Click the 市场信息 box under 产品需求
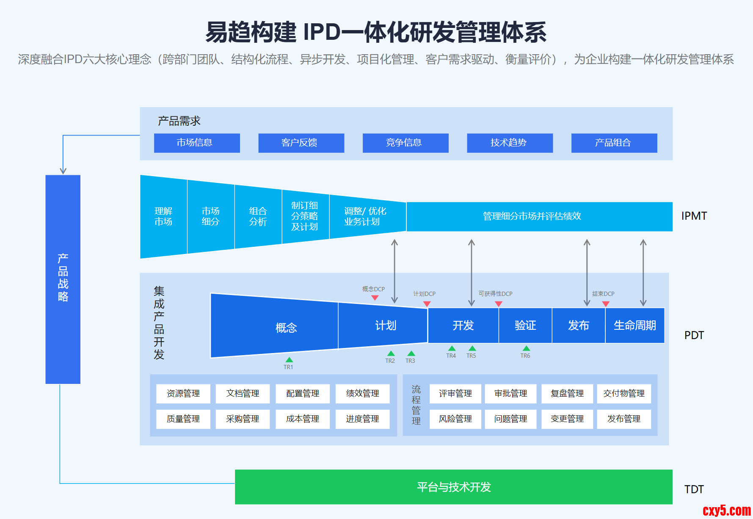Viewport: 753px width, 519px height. (197, 143)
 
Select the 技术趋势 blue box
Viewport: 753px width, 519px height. (510, 143)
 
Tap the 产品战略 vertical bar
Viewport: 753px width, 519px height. (63, 279)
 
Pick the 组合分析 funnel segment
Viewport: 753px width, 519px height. (258, 216)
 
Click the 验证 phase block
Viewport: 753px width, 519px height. (525, 325)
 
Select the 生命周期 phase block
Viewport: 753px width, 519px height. (634, 325)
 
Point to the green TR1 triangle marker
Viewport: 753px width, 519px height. (289, 360)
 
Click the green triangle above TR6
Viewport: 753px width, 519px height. (526, 348)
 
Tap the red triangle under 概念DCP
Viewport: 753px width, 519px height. (375, 298)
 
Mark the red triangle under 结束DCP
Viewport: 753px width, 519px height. (606, 304)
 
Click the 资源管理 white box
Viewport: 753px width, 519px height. (183, 394)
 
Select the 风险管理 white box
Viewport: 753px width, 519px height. (455, 419)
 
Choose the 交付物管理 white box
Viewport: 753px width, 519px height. (623, 394)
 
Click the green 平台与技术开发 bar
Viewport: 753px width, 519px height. (453, 487)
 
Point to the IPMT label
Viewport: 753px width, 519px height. (694, 216)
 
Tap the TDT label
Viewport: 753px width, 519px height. (694, 489)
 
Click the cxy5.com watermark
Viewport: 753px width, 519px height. (726, 511)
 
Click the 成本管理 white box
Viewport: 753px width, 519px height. (303, 419)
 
